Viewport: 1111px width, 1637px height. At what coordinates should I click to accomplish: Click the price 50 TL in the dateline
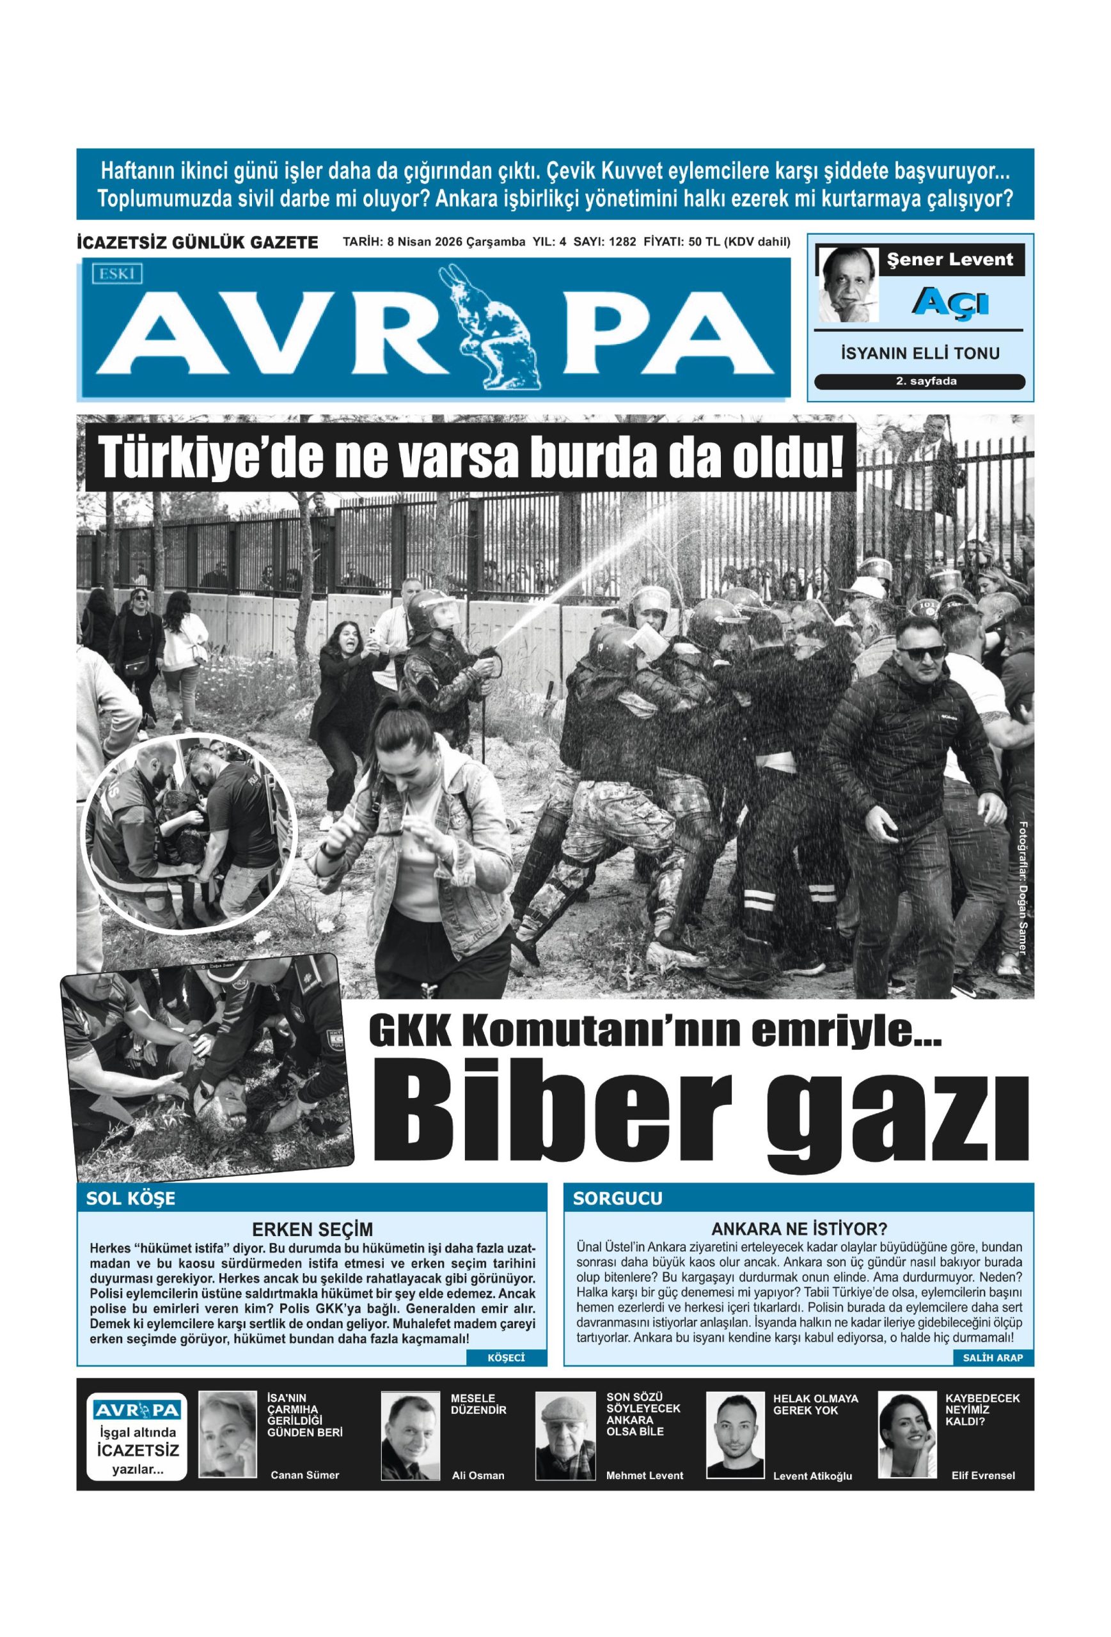702,242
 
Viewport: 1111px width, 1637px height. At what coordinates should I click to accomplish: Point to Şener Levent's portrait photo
847,285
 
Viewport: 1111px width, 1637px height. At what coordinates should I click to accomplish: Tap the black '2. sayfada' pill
918,382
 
